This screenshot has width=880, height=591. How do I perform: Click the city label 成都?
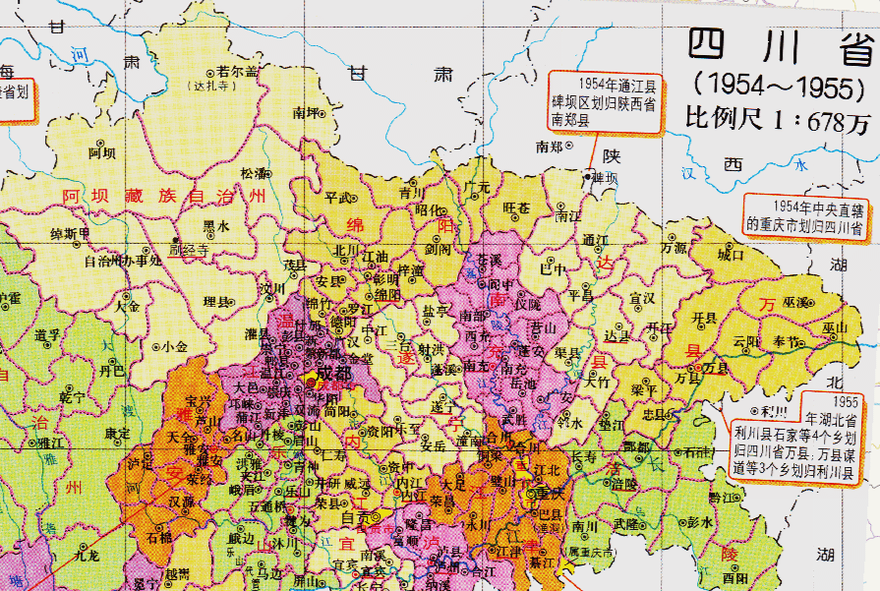333,376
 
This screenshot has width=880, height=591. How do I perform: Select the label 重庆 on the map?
539,492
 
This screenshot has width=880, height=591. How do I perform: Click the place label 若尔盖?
238,72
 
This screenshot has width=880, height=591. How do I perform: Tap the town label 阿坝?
102,153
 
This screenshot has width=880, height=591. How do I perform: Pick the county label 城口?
732,255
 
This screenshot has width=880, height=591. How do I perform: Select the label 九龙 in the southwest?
87,556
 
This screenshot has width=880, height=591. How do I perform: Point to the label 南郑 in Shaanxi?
549,147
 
